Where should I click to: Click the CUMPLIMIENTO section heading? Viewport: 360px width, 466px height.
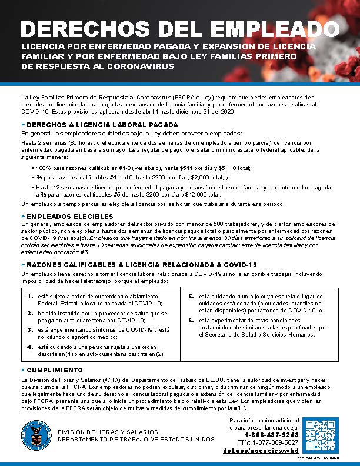pos(55,370)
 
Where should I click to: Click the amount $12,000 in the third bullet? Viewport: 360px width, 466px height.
pos(208,194)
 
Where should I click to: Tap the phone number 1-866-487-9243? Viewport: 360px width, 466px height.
pos(272,435)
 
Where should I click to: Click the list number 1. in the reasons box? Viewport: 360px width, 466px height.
pos(30,297)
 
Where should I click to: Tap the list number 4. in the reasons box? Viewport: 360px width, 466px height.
pos(30,347)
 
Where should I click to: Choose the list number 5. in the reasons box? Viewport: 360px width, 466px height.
pos(191,297)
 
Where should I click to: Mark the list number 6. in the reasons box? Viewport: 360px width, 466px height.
pos(191,320)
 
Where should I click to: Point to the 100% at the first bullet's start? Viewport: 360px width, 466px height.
pos(45,168)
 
